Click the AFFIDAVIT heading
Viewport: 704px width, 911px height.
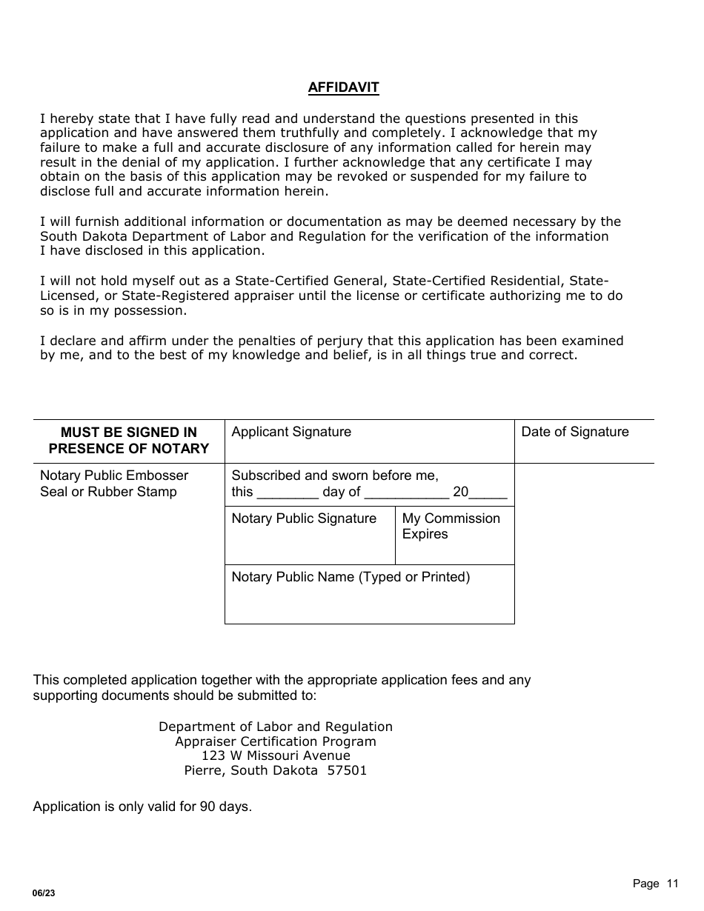point(343,87)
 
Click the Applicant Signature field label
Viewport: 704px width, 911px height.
point(291,432)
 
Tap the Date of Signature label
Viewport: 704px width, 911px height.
point(574,432)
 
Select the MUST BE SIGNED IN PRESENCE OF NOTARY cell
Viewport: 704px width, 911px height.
point(129,440)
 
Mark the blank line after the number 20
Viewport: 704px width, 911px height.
point(488,495)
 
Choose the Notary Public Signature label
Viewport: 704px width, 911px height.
point(304,518)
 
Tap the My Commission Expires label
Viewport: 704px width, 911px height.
point(451,526)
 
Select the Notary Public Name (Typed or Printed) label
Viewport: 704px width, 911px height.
point(351,577)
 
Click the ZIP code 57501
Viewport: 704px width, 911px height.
point(348,770)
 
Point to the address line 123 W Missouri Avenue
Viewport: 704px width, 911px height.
point(276,755)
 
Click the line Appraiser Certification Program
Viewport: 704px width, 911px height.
point(276,741)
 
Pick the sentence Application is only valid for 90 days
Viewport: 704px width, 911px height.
point(142,807)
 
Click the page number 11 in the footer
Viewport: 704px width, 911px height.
point(672,883)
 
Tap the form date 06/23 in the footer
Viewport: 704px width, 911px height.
point(44,893)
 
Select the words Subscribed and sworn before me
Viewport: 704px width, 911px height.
point(335,475)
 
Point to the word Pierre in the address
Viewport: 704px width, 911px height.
point(204,770)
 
